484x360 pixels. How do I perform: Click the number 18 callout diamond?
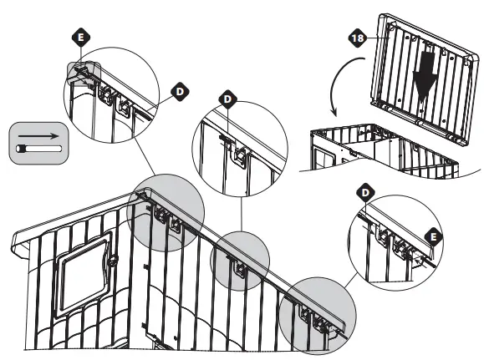point(355,38)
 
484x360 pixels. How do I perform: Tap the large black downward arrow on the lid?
point(425,80)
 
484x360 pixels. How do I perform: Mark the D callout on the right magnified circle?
point(364,193)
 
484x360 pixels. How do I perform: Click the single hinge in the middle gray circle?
point(237,267)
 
